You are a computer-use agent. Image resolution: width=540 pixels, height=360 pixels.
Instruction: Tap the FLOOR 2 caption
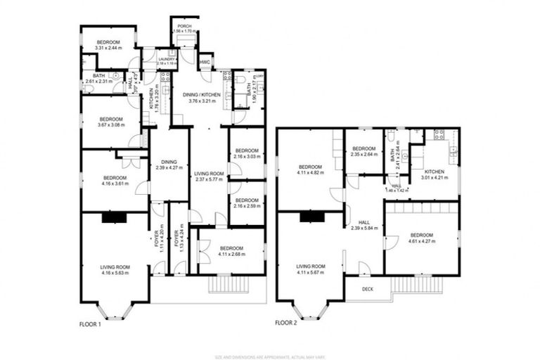point(288,323)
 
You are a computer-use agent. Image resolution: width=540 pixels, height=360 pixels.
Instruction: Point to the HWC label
point(205,62)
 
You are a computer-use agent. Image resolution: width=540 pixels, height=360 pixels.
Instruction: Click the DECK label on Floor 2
point(367,289)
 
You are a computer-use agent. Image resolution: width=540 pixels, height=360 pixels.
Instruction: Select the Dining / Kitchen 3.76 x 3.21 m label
point(202,97)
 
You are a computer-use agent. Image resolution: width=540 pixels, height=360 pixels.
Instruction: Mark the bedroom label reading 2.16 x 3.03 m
point(247,154)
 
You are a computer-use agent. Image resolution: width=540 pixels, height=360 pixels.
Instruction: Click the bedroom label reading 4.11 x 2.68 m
point(231,251)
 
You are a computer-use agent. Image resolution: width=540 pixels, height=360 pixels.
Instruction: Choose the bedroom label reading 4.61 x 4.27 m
point(421,238)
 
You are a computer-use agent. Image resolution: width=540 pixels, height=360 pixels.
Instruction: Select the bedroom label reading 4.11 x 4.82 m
point(310,169)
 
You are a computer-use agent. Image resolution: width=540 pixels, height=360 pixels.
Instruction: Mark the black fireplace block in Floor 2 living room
point(309,218)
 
